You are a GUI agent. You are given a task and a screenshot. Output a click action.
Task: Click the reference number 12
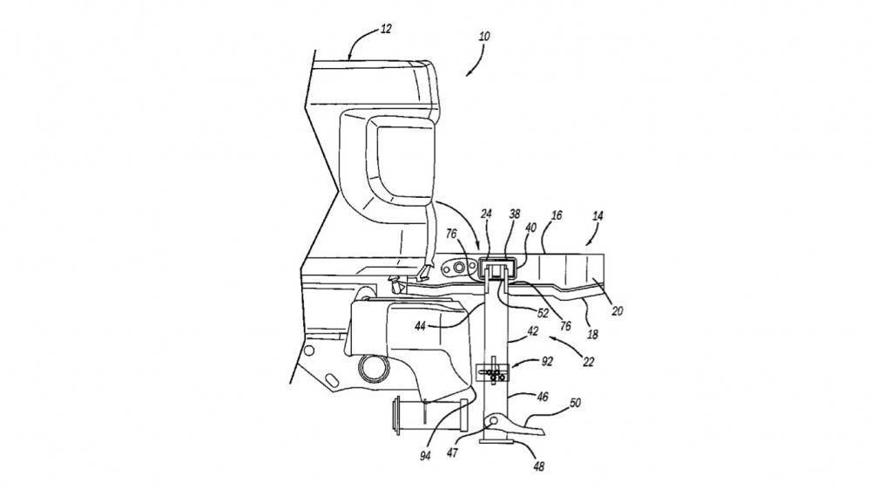coord(386,29)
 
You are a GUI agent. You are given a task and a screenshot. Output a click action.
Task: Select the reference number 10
coord(484,37)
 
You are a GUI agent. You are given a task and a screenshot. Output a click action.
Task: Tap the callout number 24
coord(487,214)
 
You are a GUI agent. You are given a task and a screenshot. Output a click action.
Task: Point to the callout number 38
coord(515,214)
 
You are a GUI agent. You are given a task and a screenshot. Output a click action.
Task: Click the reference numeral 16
coord(557,215)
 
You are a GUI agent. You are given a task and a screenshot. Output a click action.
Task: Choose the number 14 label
coord(598,216)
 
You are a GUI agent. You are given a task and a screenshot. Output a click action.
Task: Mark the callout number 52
coord(543,314)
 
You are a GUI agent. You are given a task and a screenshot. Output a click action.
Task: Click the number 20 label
coord(618,311)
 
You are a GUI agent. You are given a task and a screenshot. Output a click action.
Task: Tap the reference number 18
coord(592,335)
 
